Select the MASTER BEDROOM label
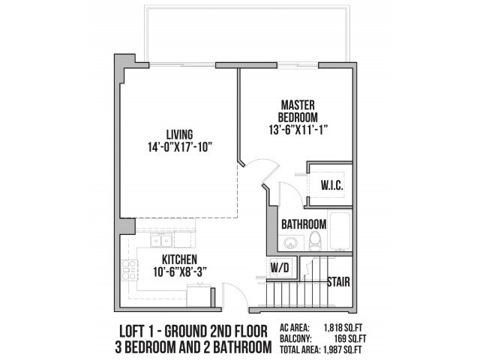pos(298,111)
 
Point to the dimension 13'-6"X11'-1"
pos(298,129)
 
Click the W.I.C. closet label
pos(331,185)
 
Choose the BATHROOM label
pos(303,224)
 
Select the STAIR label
pos(340,283)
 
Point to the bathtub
pos(340,232)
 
